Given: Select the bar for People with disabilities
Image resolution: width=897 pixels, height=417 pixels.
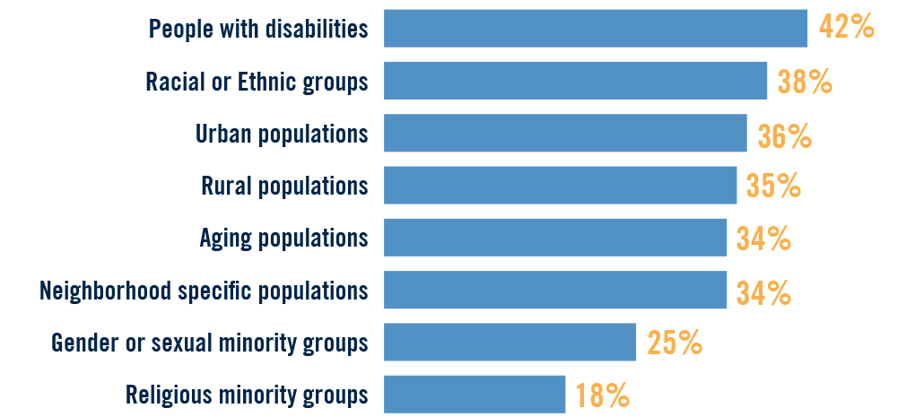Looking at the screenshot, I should pyautogui.click(x=595, y=29).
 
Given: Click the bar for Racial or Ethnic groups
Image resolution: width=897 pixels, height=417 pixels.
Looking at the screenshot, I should pyautogui.click(x=575, y=81).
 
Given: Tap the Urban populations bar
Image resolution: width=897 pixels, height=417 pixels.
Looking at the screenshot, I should pyautogui.click(x=565, y=133).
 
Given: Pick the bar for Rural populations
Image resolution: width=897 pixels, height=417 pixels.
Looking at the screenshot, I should pyautogui.click(x=560, y=186).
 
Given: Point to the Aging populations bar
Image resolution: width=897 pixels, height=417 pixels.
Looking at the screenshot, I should pyautogui.click(x=555, y=238).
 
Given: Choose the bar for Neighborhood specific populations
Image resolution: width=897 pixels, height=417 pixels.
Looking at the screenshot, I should pyautogui.click(x=555, y=290).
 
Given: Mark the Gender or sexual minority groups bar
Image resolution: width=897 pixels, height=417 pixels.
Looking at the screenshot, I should pyautogui.click(x=509, y=342).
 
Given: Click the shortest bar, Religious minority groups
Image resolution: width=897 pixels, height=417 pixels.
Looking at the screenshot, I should pyautogui.click(x=475, y=395).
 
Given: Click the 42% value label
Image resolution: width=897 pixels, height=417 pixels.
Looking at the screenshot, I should pyautogui.click(x=846, y=29).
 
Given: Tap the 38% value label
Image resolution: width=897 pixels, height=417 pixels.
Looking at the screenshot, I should pyautogui.click(x=805, y=82).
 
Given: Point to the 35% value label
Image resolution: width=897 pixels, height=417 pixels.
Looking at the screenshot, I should pyautogui.click(x=773, y=187).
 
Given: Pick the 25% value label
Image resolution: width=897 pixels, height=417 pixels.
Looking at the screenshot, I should pyautogui.click(x=674, y=343).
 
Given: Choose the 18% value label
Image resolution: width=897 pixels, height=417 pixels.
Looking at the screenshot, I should pyautogui.click(x=603, y=395).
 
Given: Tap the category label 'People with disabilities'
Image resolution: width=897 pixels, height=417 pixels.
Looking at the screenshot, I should pyautogui.click(x=258, y=30).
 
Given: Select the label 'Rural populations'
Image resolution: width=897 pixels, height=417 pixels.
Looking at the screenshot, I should pyautogui.click(x=285, y=186).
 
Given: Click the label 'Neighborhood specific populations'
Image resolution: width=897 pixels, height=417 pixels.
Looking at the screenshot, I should pyautogui.click(x=204, y=291).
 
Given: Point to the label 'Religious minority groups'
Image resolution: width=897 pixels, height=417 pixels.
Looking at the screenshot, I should pyautogui.click(x=247, y=395).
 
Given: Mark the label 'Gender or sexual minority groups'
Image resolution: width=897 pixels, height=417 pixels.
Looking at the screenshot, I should pyautogui.click(x=210, y=343).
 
